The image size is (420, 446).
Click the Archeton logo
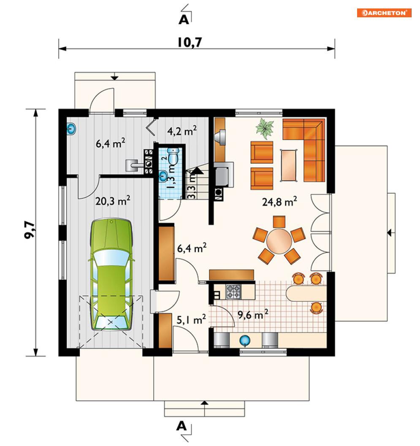click(x=384, y=13)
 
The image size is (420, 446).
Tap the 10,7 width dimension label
click(x=190, y=42)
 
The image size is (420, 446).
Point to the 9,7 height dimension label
click(x=30, y=230)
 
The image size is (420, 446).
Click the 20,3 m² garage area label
click(x=113, y=201)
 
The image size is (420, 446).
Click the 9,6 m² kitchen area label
click(x=253, y=314)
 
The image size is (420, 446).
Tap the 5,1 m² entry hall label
click(x=191, y=319)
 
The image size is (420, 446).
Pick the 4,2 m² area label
click(x=182, y=131)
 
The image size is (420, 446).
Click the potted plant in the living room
click(x=265, y=129)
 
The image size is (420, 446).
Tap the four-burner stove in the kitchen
click(x=233, y=292)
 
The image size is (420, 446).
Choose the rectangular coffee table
click(x=289, y=165)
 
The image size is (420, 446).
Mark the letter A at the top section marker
click(x=184, y=20)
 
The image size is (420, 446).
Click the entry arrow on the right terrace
click(x=391, y=233)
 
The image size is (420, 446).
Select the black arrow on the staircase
click(x=197, y=170)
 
